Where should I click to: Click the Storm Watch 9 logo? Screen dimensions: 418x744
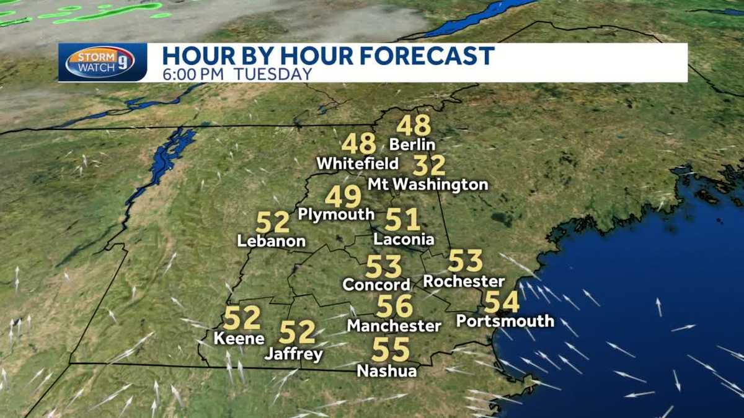click(100, 62)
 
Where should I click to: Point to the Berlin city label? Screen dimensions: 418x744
click(412, 145)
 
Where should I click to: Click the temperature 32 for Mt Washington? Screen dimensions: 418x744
click(429, 166)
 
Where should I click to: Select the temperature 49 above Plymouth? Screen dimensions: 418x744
click(343, 197)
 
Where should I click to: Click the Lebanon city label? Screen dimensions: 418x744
click(272, 242)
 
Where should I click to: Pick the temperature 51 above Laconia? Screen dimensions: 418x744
click(403, 220)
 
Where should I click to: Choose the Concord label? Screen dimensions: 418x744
click(377, 285)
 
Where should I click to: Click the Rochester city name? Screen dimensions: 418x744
click(464, 281)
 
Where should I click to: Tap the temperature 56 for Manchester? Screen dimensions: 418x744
click(394, 306)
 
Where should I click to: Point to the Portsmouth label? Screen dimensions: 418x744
click(505, 321)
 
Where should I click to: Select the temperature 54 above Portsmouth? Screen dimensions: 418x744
click(502, 302)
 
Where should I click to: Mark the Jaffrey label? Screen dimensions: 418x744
click(294, 355)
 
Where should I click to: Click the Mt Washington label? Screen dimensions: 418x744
click(428, 185)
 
